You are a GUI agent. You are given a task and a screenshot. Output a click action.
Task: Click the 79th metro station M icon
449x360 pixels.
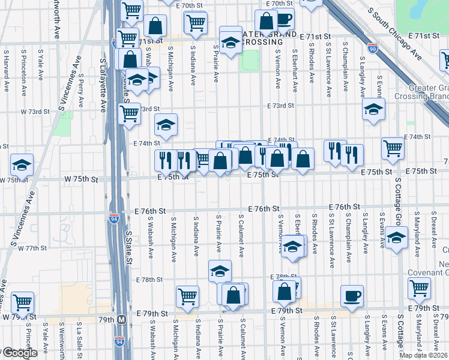122,320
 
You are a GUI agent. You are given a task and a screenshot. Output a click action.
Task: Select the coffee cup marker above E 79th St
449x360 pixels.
352,296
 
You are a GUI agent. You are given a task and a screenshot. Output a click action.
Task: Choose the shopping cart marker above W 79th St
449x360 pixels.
22,303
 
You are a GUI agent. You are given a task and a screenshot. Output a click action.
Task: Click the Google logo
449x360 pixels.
20,353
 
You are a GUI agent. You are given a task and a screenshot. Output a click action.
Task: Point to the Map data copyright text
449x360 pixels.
424,355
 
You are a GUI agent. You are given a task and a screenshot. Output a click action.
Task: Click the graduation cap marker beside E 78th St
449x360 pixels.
220,271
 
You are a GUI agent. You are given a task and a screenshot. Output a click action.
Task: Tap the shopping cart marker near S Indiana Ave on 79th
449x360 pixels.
187,296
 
